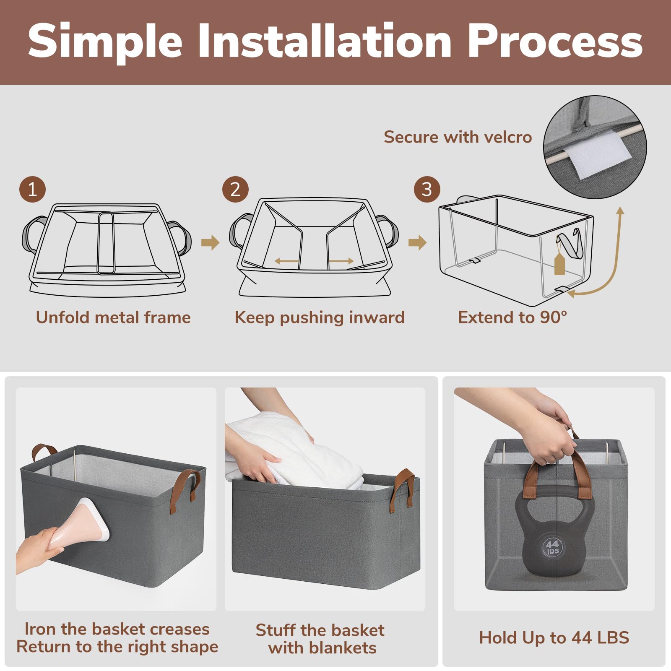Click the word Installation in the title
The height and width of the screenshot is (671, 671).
pyautogui.click(x=325, y=41)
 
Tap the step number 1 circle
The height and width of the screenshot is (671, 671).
pyautogui.click(x=32, y=190)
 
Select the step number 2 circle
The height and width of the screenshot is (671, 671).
pyautogui.click(x=235, y=190)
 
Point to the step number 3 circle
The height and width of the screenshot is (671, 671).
pyautogui.click(x=427, y=190)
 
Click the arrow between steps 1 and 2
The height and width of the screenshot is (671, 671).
pyautogui.click(x=210, y=242)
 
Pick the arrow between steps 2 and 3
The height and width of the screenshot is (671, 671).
pyautogui.click(x=417, y=242)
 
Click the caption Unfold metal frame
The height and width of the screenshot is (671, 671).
pyautogui.click(x=113, y=317)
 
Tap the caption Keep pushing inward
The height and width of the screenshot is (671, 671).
pyautogui.click(x=320, y=318)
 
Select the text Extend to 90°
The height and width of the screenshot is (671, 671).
pyautogui.click(x=512, y=317)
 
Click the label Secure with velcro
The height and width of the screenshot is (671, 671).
pyautogui.click(x=458, y=137)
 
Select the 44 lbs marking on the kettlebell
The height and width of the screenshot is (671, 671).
pyautogui.click(x=553, y=547)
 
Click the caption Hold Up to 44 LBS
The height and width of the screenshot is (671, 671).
pyautogui.click(x=554, y=637)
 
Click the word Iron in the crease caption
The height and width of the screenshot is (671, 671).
pyautogui.click(x=41, y=629)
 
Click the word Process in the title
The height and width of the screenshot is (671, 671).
pyautogui.click(x=555, y=41)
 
